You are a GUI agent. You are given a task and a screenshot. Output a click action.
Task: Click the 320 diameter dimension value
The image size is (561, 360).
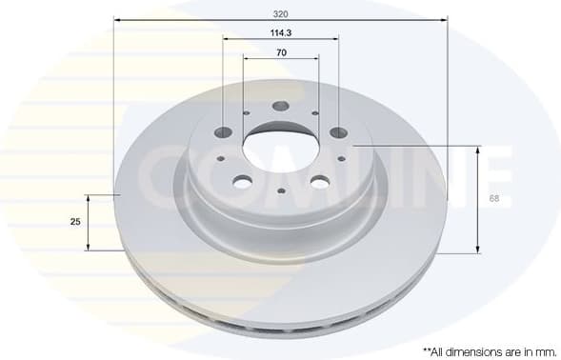click(x=280, y=14)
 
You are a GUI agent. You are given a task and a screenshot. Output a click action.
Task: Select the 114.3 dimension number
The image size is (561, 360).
click(x=280, y=33)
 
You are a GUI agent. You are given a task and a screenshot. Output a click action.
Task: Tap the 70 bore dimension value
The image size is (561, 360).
click(x=281, y=52)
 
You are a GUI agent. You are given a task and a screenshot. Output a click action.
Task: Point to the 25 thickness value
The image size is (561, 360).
click(x=75, y=222)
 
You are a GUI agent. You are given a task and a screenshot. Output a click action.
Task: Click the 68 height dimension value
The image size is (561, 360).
click(x=493, y=198)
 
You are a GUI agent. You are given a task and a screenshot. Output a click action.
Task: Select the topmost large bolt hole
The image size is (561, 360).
click(x=280, y=108)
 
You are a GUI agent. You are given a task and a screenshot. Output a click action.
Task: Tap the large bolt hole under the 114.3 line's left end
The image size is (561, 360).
click(x=224, y=132)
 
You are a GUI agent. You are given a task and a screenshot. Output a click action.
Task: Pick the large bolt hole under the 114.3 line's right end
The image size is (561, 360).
click(x=338, y=132)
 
